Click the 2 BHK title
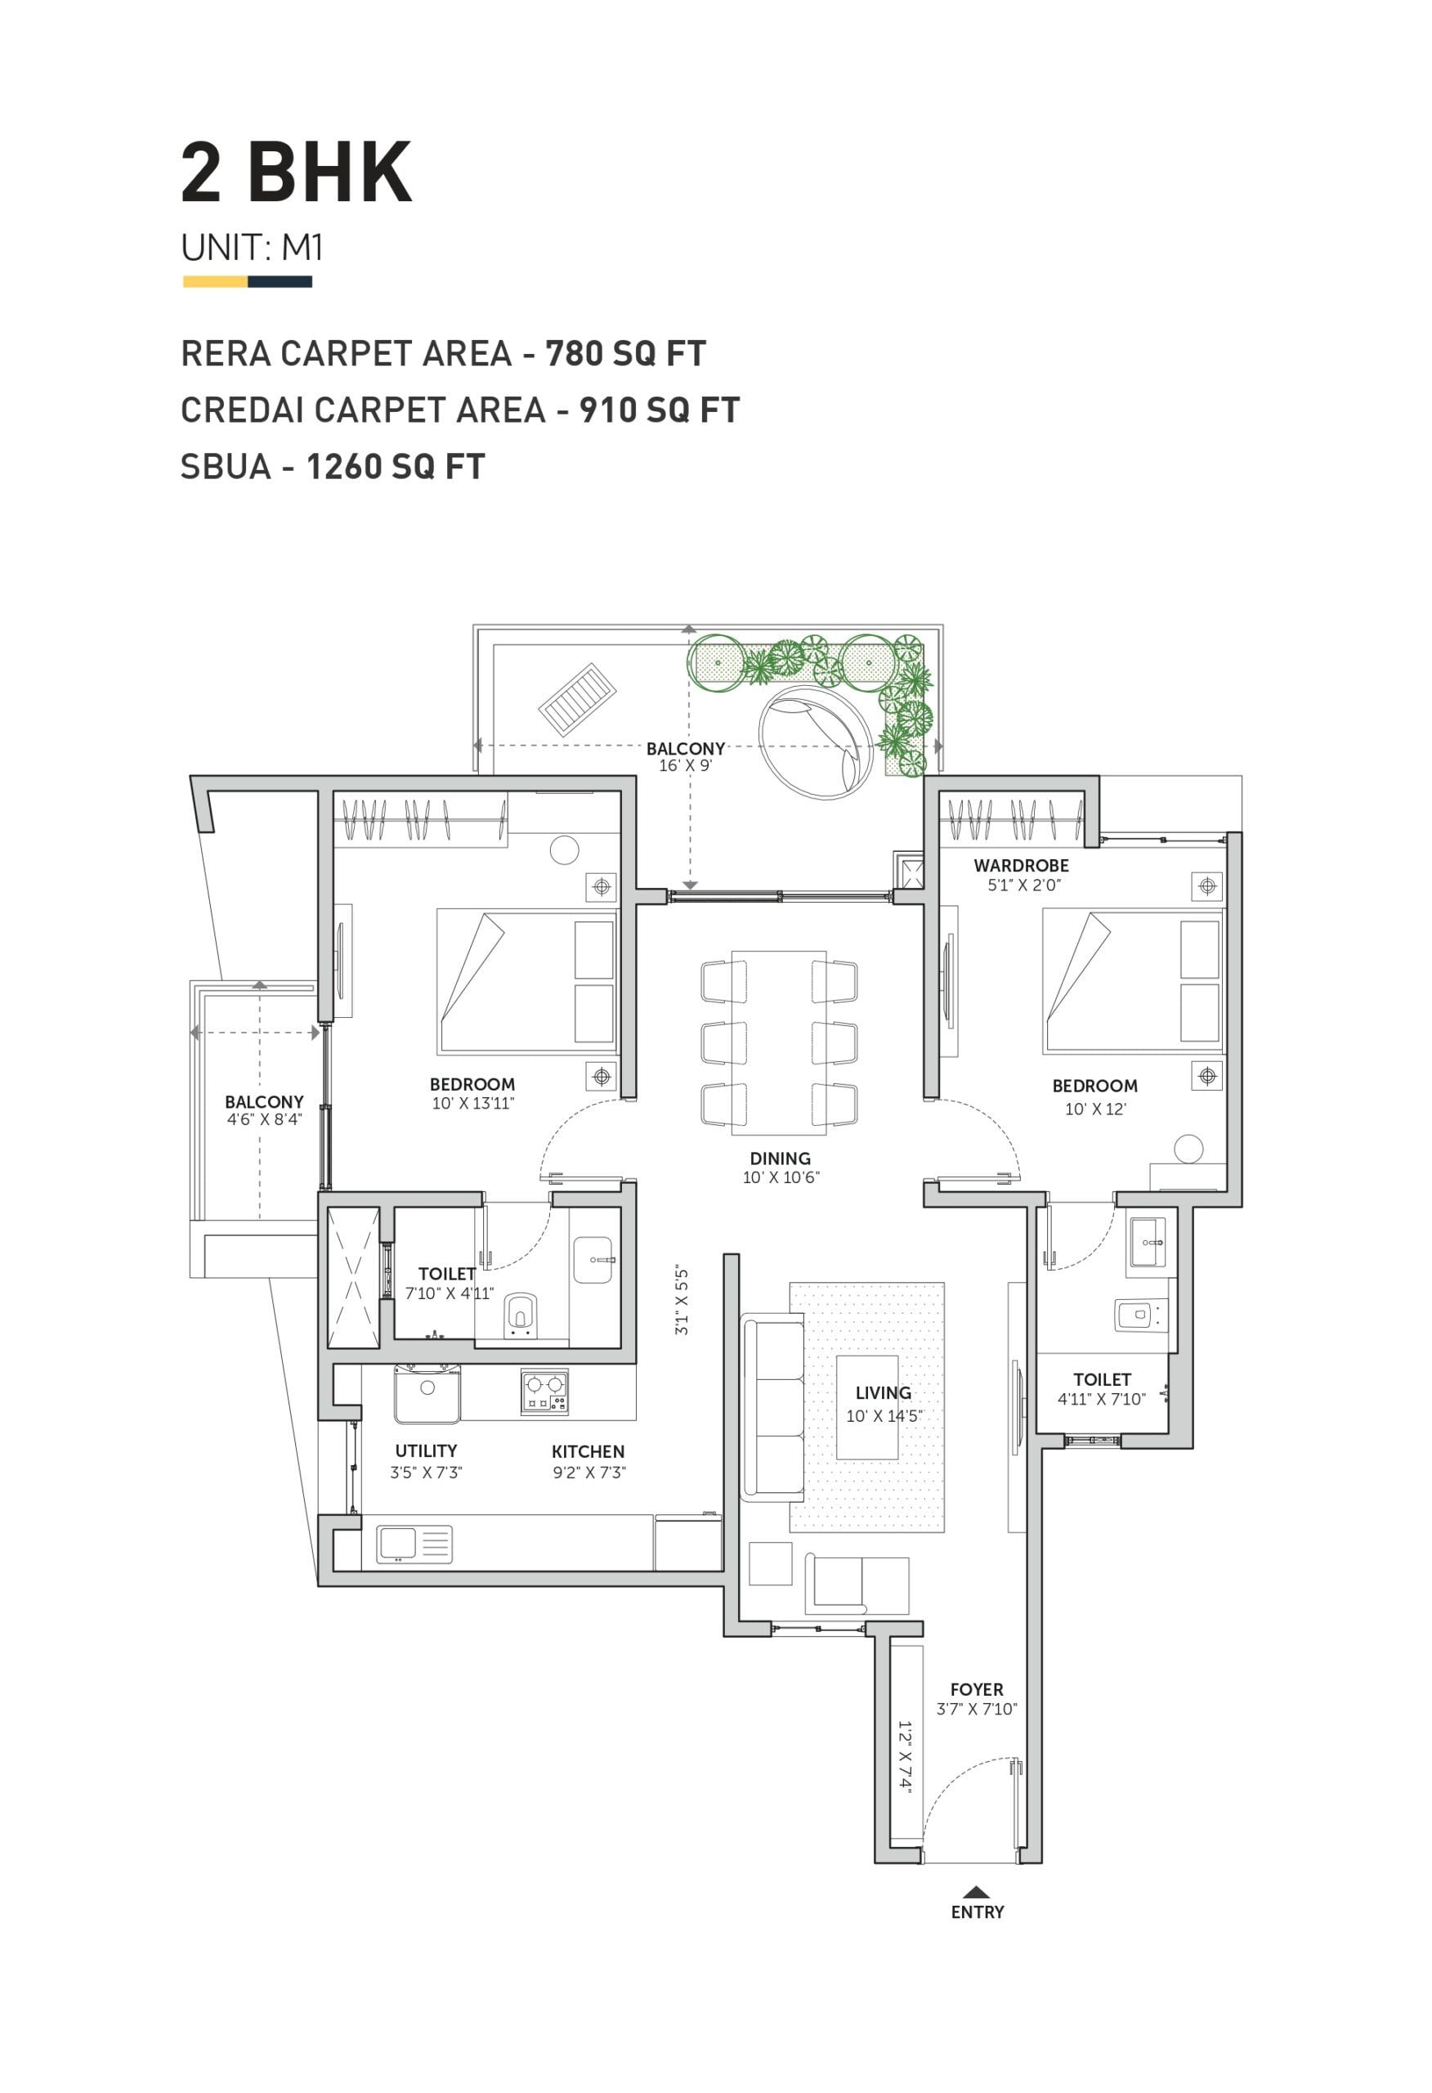tap(297, 172)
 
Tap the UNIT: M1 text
tap(253, 247)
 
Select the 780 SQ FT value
tap(626, 353)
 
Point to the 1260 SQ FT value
tap(396, 467)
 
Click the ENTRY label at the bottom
tap(978, 1912)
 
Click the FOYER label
tap(976, 1690)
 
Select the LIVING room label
tap(884, 1392)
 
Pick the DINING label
tap(780, 1159)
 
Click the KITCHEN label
tap(588, 1451)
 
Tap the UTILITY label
tap(426, 1450)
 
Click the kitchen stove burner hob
tap(545, 1392)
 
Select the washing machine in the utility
tap(427, 1393)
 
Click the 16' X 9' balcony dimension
tap(686, 765)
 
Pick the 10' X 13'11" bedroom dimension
tap(472, 1103)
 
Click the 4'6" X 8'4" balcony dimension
tap(264, 1119)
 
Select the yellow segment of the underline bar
tap(215, 282)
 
